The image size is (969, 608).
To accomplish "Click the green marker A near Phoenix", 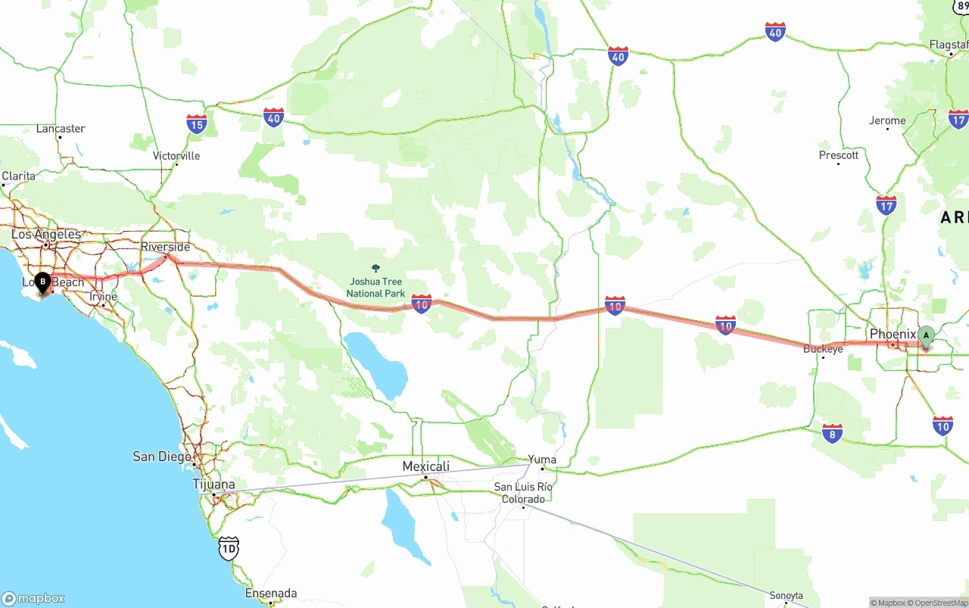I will click(x=926, y=336).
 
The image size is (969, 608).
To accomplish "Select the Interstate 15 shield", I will click(x=197, y=124).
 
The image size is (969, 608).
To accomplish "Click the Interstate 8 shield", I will click(x=832, y=433).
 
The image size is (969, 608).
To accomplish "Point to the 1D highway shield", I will click(x=229, y=548).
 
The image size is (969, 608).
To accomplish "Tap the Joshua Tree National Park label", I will click(x=375, y=288).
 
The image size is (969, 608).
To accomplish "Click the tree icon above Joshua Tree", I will click(x=376, y=268).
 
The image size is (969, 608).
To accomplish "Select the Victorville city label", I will click(x=176, y=156).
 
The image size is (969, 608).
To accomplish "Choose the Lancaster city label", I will click(x=61, y=129).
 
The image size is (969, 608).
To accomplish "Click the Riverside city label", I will click(x=166, y=247).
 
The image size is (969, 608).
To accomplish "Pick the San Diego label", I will click(x=162, y=456).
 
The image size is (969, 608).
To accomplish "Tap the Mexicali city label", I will click(x=425, y=466).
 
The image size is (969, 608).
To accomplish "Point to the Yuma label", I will click(x=542, y=460).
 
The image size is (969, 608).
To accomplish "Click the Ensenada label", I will click(x=271, y=593).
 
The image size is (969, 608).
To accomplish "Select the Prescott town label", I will click(x=839, y=155).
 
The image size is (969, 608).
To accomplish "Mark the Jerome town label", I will click(x=887, y=120).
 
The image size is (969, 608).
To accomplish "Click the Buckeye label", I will click(x=823, y=349).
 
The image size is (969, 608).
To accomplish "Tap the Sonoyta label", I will click(x=786, y=596).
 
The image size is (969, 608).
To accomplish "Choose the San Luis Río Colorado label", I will click(x=524, y=492).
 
